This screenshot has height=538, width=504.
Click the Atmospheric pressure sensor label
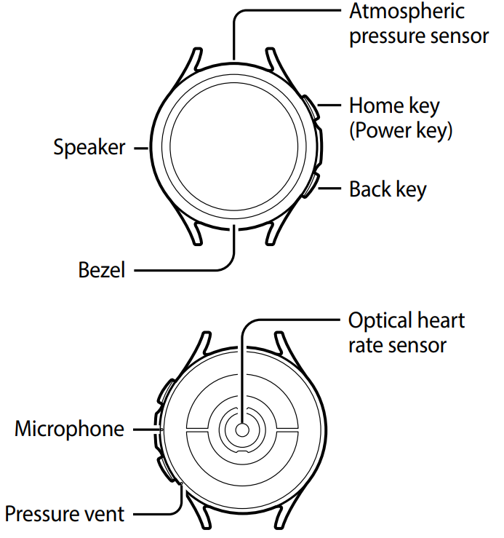pos(418,23)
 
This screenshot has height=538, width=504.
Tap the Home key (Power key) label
pos(401,117)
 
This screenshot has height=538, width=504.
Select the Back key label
pos(388,189)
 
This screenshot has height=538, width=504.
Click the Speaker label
pos(89,147)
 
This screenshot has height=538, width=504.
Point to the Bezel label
pos(102,270)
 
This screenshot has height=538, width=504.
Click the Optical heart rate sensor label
pos(407,332)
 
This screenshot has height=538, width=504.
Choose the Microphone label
pos(69,429)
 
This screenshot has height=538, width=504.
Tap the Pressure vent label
pos(65,513)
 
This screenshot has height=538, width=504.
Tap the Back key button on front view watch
pos(311,183)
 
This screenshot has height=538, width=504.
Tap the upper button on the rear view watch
pos(162,394)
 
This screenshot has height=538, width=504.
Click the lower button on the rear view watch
pos(162,466)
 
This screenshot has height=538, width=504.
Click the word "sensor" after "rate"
pos(418,344)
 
